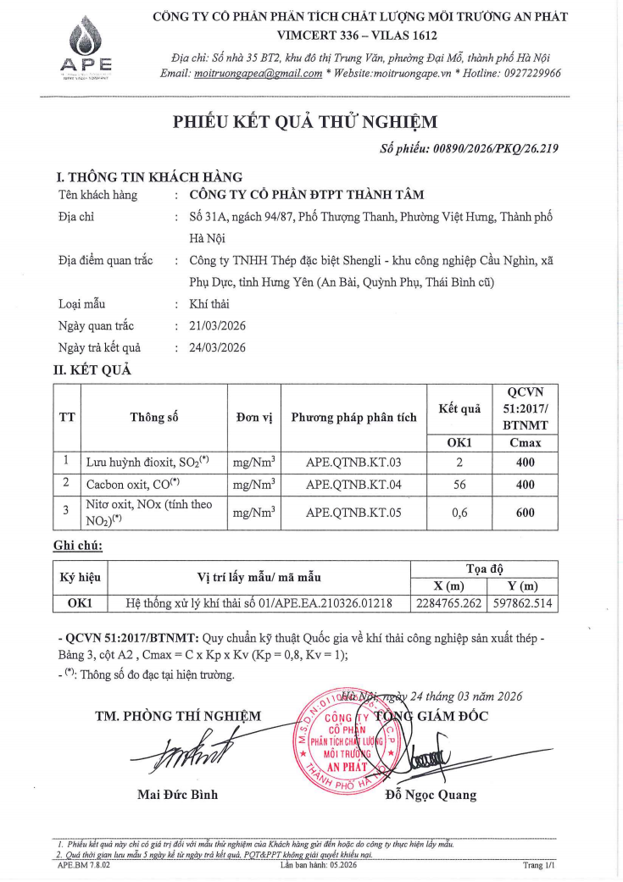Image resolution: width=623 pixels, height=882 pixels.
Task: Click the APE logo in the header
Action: [x=89, y=47]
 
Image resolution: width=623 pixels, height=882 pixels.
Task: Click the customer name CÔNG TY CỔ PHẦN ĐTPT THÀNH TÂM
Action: [x=307, y=195]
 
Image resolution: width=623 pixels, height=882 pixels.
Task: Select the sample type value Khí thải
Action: [x=209, y=305]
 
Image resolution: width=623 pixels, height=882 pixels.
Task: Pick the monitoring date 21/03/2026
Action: [x=218, y=326]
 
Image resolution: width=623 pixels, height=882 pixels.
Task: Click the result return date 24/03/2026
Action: [x=218, y=347]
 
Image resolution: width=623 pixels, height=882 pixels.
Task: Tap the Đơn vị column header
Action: [x=254, y=418]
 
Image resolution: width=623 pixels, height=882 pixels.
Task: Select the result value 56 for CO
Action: [x=459, y=484]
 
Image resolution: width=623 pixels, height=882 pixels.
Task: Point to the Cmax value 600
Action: [x=525, y=512]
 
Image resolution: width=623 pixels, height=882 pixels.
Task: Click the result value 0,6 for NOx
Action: [x=459, y=512]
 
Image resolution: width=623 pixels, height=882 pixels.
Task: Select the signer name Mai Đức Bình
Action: [x=177, y=795]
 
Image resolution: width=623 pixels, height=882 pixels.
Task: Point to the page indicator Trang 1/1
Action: [x=538, y=866]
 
